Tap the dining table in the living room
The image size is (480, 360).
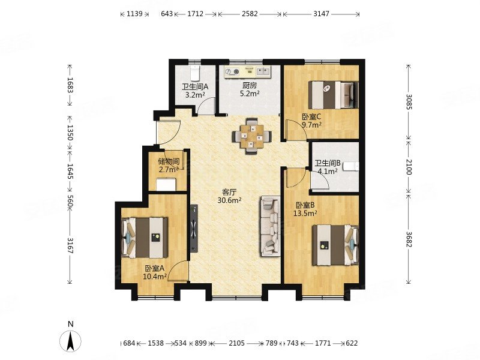[x=251, y=137]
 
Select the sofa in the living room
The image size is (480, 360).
[x=271, y=227]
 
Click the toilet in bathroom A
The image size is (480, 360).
[x=194, y=73]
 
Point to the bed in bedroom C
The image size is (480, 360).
[x=333, y=95]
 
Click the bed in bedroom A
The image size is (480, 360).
[x=145, y=238]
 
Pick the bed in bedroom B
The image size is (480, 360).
[x=335, y=245]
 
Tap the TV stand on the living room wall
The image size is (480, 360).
[x=194, y=229]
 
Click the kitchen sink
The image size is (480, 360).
[x=263, y=71]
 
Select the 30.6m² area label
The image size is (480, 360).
[x=229, y=200]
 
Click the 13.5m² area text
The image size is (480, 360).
[x=305, y=213]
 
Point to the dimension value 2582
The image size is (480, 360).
[x=250, y=14]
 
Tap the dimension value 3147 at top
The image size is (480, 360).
[x=321, y=14]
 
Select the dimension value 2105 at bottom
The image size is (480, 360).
[x=236, y=343]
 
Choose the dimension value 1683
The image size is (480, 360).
[x=70, y=85]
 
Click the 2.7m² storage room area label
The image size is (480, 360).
[x=169, y=169]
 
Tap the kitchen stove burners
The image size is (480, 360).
[x=232, y=72]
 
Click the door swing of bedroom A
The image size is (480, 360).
[x=178, y=271]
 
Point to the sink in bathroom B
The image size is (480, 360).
[x=351, y=166]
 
